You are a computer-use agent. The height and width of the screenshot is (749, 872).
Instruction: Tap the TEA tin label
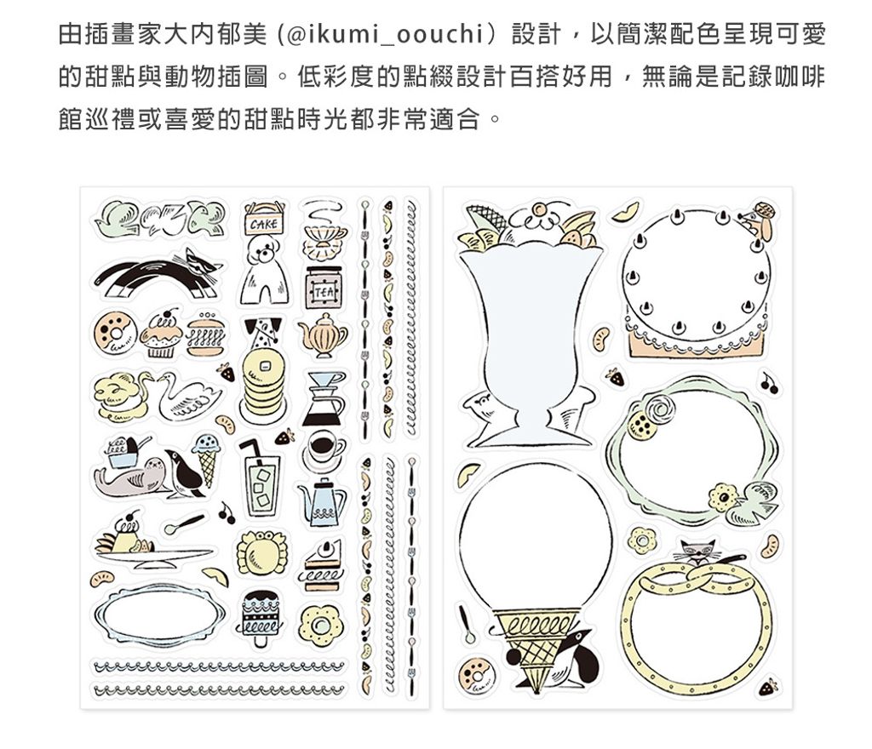323,290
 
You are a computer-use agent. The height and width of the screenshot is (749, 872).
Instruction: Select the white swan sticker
186,397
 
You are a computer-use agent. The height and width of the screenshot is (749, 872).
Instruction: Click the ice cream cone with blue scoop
206,460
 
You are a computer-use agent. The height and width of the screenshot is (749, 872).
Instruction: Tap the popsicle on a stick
261,618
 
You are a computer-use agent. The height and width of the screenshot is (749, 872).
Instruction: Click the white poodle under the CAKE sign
265,270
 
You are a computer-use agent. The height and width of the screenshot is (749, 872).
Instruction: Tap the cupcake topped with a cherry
161,334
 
